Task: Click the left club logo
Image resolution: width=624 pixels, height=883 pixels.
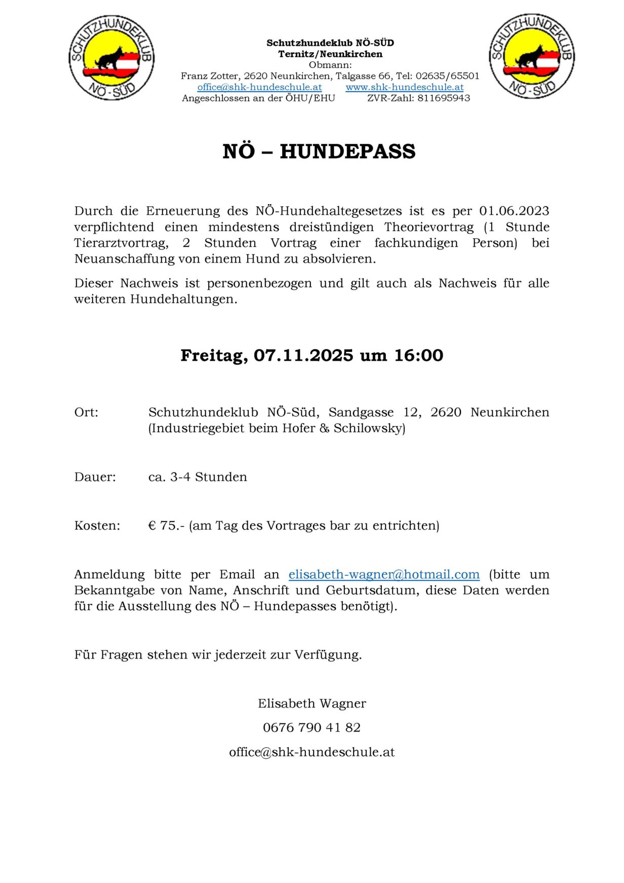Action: (x=111, y=57)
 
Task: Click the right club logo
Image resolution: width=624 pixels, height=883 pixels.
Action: (x=531, y=56)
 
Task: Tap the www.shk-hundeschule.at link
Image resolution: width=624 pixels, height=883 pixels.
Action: (x=404, y=87)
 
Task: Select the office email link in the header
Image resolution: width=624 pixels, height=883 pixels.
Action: (x=259, y=87)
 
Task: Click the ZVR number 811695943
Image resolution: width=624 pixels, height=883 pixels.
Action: (x=444, y=98)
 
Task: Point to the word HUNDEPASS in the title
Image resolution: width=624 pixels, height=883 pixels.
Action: (x=347, y=152)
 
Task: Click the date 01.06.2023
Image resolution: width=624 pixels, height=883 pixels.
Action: (x=514, y=211)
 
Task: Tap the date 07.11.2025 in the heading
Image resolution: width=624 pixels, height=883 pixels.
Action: (x=303, y=355)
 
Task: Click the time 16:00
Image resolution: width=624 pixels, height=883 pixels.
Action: (x=418, y=355)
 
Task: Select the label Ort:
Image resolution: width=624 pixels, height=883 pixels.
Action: (x=86, y=412)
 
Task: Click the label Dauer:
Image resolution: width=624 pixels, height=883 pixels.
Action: (x=95, y=477)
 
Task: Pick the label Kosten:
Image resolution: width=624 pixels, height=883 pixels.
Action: (x=97, y=526)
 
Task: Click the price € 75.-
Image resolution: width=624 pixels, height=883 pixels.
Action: (x=166, y=526)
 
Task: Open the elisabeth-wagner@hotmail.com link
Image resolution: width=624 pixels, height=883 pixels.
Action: (x=383, y=574)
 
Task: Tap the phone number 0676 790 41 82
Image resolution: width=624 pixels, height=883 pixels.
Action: (x=311, y=728)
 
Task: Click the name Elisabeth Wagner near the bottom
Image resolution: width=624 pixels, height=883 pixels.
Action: (x=311, y=704)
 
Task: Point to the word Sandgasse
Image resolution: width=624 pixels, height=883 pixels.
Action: (x=361, y=412)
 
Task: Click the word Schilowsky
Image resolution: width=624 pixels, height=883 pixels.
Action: (x=369, y=428)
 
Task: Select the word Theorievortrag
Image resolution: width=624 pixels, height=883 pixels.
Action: (x=428, y=227)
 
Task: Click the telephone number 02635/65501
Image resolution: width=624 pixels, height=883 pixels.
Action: (x=447, y=76)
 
